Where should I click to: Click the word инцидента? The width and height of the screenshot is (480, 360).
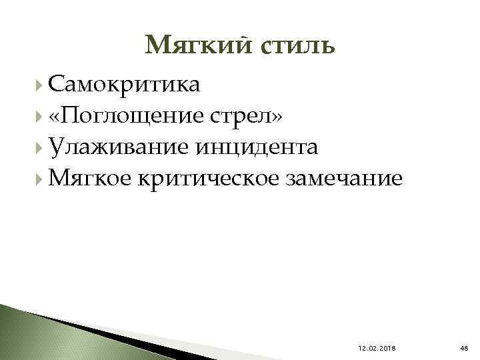click(255, 147)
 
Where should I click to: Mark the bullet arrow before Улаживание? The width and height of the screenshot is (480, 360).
click(42, 147)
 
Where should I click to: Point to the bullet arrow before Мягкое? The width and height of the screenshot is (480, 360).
click(42, 178)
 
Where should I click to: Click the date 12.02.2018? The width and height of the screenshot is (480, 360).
click(376, 347)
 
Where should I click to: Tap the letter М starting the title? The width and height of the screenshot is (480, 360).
click(156, 45)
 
